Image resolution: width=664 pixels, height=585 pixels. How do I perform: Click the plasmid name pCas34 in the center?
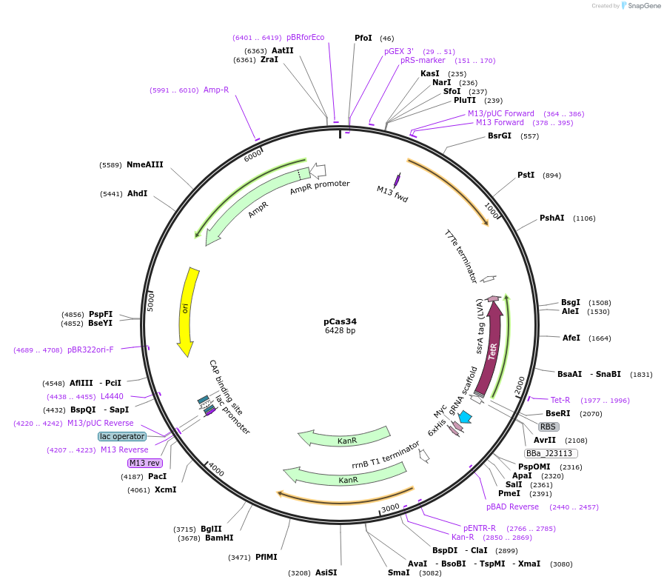tap(340, 321)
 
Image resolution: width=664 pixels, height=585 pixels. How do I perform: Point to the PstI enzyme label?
tap(526, 175)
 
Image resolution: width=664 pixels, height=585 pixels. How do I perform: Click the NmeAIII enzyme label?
tap(144, 164)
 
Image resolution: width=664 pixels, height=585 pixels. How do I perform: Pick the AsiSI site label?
tap(326, 572)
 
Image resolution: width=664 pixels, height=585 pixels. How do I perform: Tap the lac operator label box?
tap(123, 436)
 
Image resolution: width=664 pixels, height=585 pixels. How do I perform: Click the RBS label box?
tap(548, 427)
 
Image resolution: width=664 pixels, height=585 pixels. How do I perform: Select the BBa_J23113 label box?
tap(551, 453)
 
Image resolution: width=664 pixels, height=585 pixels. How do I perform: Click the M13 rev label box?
tap(145, 463)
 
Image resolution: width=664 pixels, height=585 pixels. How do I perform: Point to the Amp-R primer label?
tap(216, 90)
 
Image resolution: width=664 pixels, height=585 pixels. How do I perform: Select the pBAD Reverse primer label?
tap(512, 507)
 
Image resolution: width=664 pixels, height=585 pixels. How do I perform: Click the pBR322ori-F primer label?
tap(90, 350)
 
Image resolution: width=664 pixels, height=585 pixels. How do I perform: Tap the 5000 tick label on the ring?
tap(150, 301)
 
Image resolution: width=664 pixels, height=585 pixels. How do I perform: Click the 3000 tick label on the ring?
tap(390, 508)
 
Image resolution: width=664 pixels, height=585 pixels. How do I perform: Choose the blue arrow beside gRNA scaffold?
tap(466, 418)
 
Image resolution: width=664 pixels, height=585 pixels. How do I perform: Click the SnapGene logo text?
tap(641, 6)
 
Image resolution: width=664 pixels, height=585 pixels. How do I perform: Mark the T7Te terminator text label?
tap(460, 256)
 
